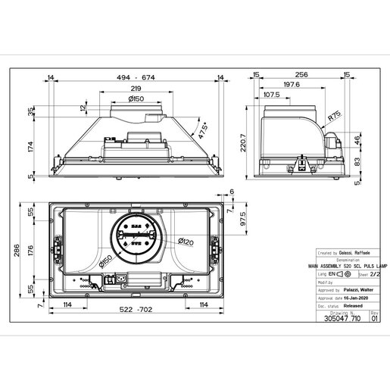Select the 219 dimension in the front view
[136, 89]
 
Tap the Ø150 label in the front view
[136, 99]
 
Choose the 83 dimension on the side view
[357, 161]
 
